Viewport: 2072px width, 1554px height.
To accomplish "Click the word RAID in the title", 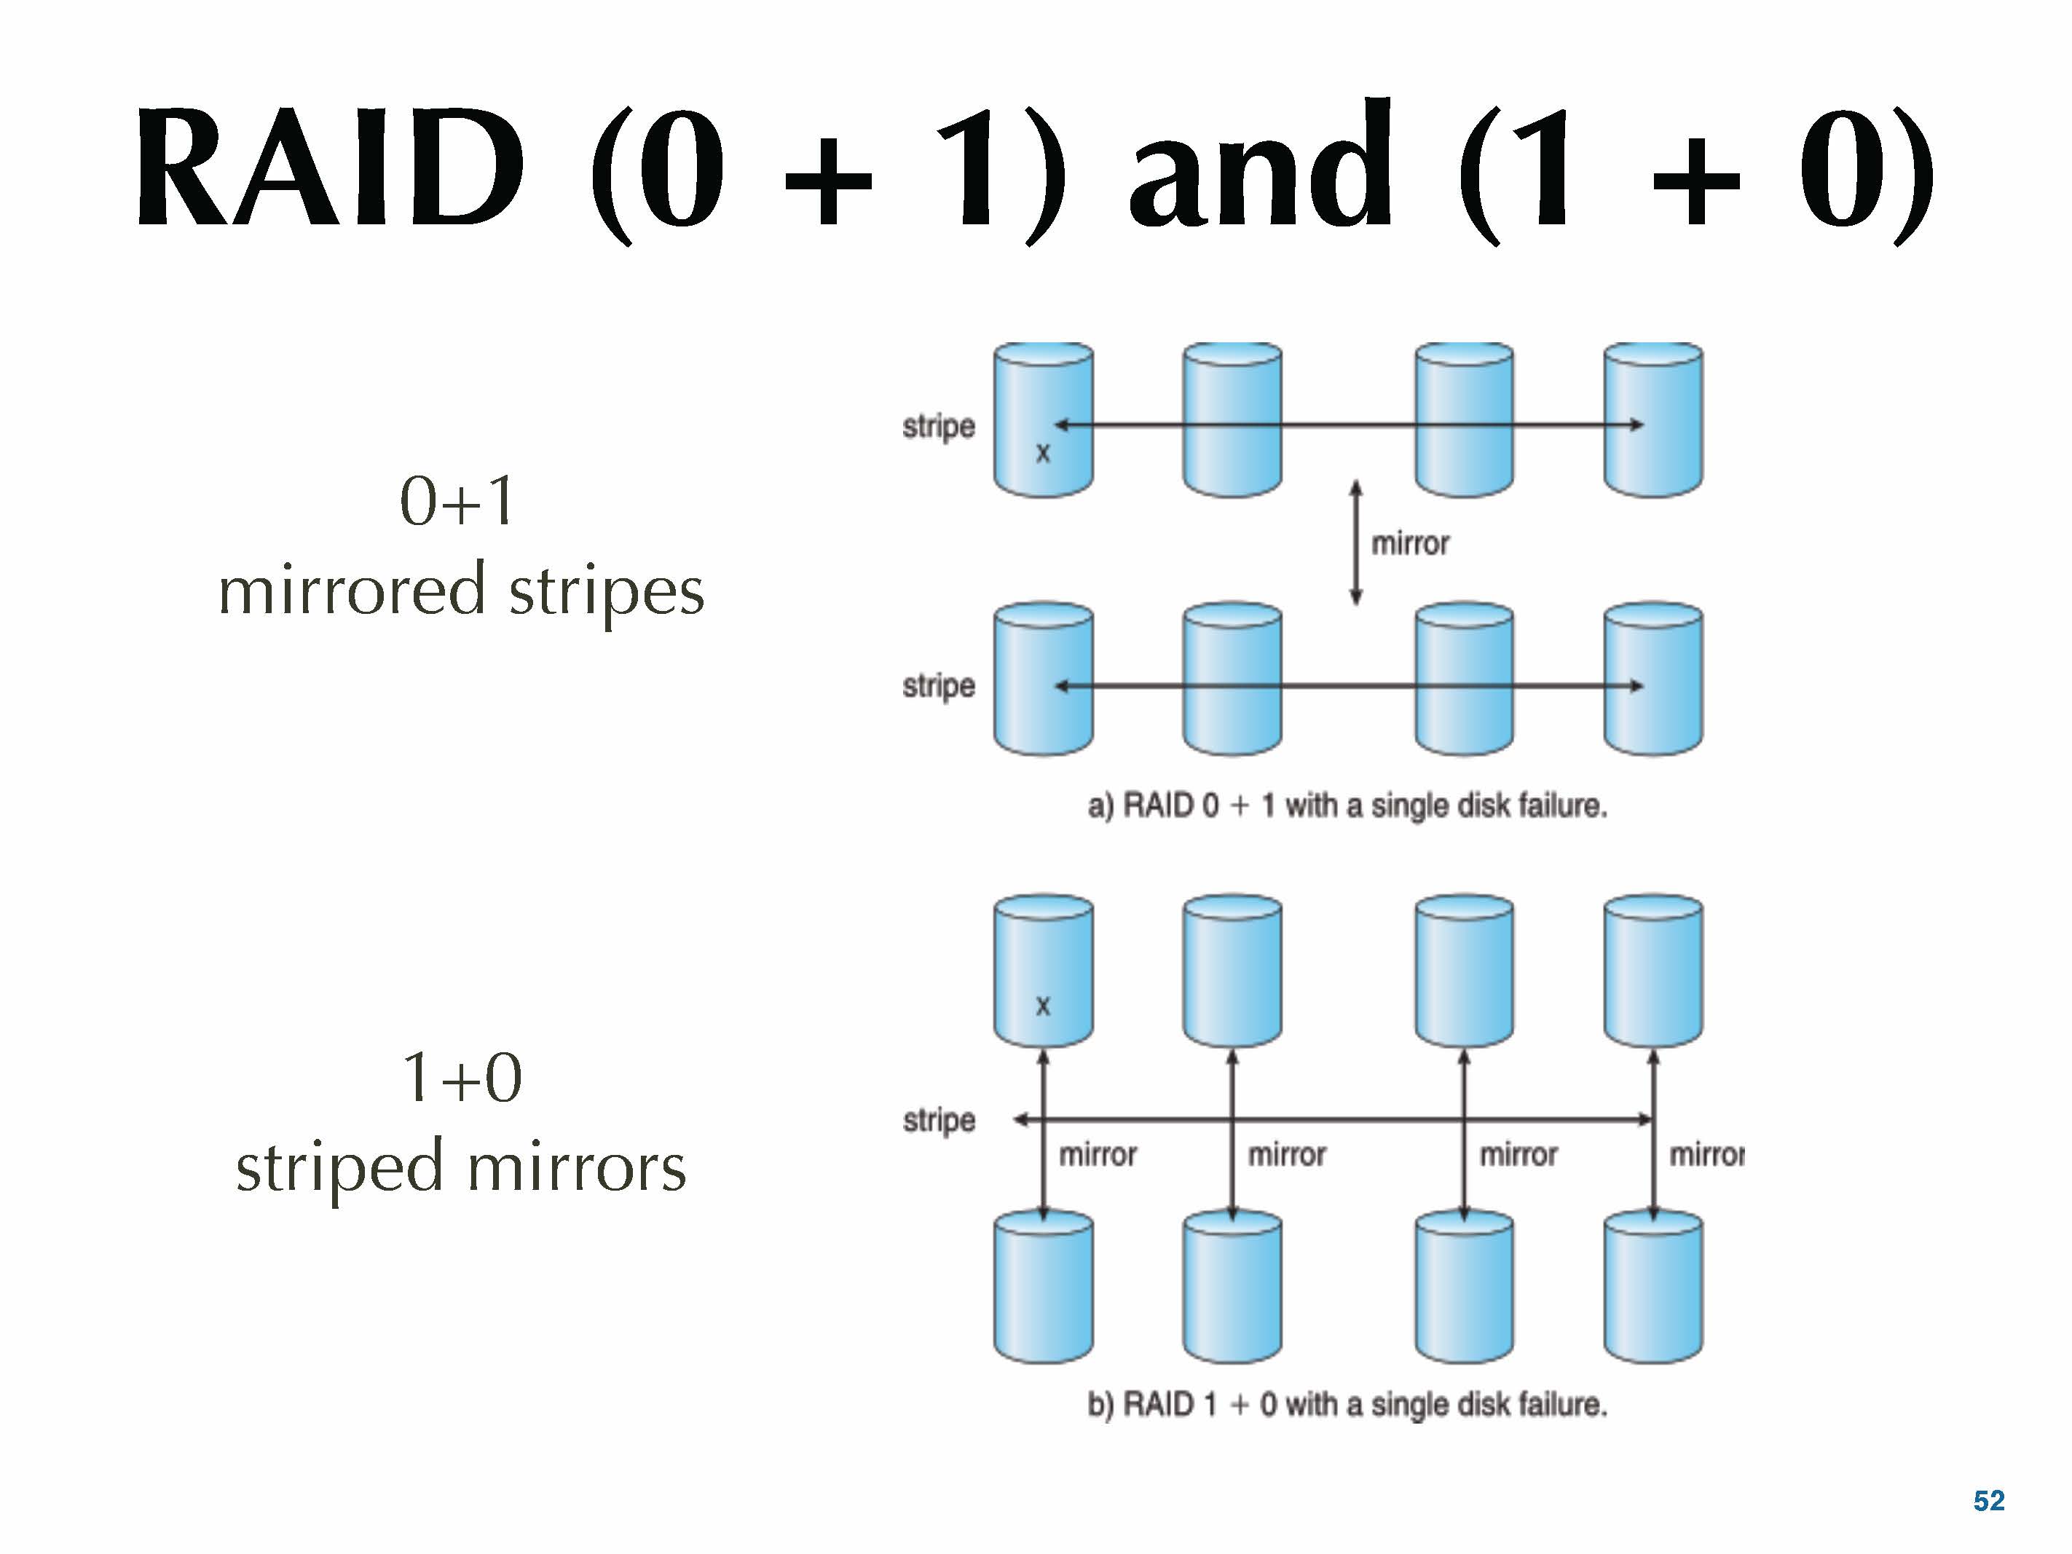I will click(330, 169).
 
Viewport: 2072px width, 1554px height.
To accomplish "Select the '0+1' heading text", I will click(457, 501).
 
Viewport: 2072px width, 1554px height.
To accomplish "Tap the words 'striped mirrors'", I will click(461, 1168).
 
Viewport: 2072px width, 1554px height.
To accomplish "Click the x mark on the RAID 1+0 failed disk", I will click(1043, 1007).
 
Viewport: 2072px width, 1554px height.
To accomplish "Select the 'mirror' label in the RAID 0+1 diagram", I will click(1410, 543).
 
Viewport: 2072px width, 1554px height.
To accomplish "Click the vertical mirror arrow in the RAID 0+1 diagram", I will click(1355, 543).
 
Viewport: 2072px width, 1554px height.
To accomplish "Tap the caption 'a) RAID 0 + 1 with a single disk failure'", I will click(1347, 805).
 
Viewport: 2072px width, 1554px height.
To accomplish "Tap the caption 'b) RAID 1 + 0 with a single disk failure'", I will click(1347, 1405).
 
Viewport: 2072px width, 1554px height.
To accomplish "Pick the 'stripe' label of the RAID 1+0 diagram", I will click(939, 1120).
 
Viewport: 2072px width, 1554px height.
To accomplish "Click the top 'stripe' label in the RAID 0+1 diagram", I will click(939, 426).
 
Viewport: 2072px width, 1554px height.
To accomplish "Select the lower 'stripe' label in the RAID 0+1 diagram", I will click(939, 686).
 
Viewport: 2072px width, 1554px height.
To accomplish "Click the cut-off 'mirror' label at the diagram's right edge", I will click(1706, 1155).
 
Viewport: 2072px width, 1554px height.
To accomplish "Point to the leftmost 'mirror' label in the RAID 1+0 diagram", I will click(1098, 1155).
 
